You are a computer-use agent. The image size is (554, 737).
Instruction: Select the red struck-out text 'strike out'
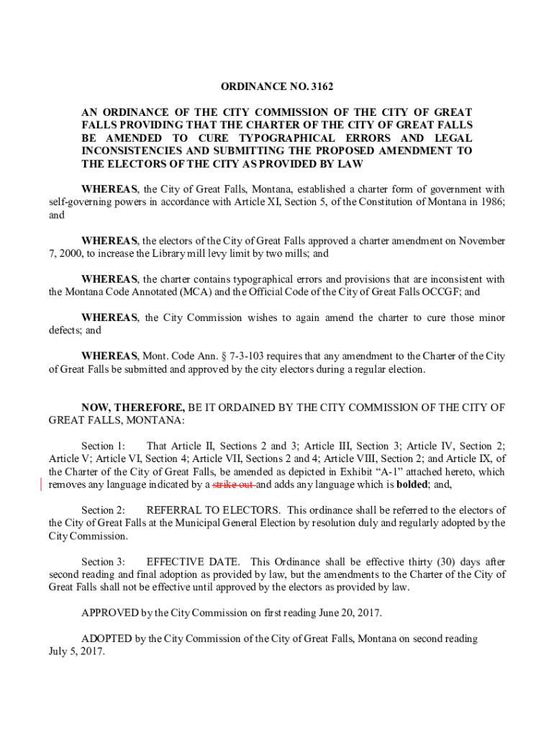pyautogui.click(x=234, y=485)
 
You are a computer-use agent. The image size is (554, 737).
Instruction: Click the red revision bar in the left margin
pyautogui.click(x=42, y=484)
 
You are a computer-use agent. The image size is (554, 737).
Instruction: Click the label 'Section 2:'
pyautogui.click(x=104, y=510)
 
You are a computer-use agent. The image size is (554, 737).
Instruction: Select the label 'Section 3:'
pyautogui.click(x=104, y=561)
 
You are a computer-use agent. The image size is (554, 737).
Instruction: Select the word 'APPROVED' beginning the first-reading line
pyautogui.click(x=109, y=613)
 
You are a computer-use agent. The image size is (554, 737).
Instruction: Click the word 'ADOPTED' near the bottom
pyautogui.click(x=106, y=638)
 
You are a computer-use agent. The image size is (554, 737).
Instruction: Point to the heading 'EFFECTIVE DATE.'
pyautogui.click(x=194, y=561)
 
